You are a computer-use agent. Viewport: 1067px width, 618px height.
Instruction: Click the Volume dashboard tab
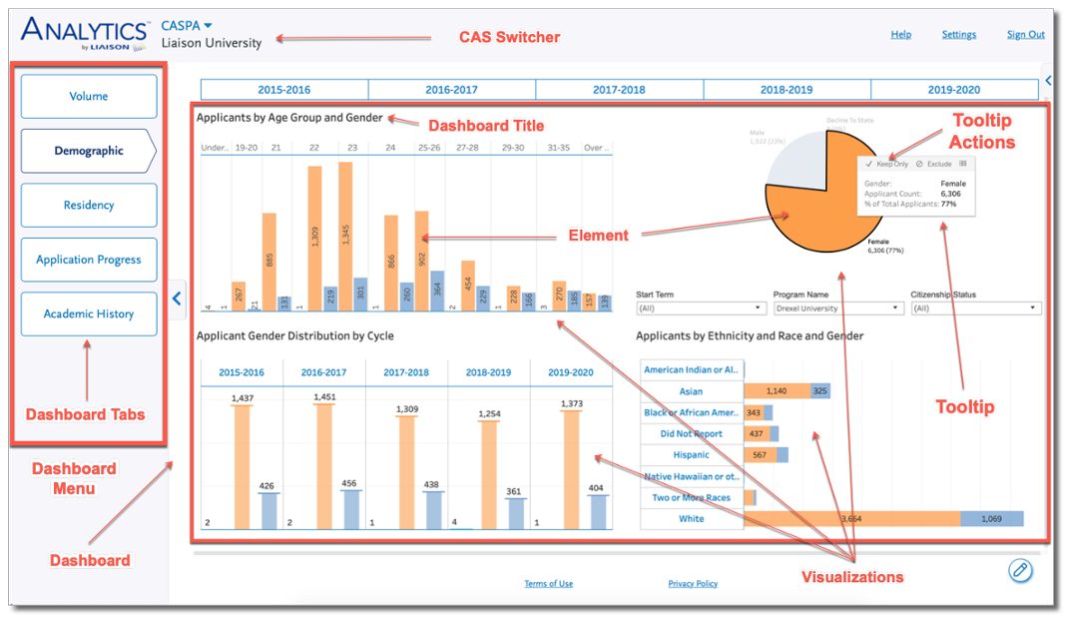pyautogui.click(x=89, y=97)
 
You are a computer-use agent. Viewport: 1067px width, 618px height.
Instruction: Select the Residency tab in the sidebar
pyautogui.click(x=89, y=205)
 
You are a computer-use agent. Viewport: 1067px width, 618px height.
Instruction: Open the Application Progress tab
pyautogui.click(x=89, y=260)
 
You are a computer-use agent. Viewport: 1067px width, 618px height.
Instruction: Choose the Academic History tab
pyautogui.click(x=89, y=313)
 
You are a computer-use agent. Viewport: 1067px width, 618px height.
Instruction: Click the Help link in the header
pyautogui.click(x=900, y=34)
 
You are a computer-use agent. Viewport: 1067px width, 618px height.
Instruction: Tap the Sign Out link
pyautogui.click(x=1025, y=34)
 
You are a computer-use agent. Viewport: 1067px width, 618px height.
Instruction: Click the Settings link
pyautogui.click(x=958, y=34)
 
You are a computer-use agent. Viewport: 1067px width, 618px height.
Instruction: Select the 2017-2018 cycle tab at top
pyautogui.click(x=619, y=90)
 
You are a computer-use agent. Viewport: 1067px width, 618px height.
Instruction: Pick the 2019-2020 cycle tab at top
pyautogui.click(x=953, y=90)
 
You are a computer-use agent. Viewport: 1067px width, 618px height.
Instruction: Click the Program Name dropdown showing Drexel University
pyautogui.click(x=838, y=309)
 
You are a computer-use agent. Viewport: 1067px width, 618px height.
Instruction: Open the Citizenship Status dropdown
pyautogui.click(x=975, y=309)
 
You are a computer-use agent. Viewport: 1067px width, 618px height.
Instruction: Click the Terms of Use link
pyautogui.click(x=548, y=584)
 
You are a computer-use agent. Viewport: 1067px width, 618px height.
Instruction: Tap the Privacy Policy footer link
pyautogui.click(x=693, y=584)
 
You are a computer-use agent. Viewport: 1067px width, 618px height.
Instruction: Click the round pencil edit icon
pyautogui.click(x=1019, y=570)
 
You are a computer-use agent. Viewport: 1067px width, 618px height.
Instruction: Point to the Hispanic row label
pyautogui.click(x=692, y=455)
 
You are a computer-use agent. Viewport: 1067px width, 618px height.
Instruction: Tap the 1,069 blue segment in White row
pyautogui.click(x=991, y=519)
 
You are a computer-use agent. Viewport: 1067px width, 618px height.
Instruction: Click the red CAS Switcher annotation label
pyautogui.click(x=509, y=38)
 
